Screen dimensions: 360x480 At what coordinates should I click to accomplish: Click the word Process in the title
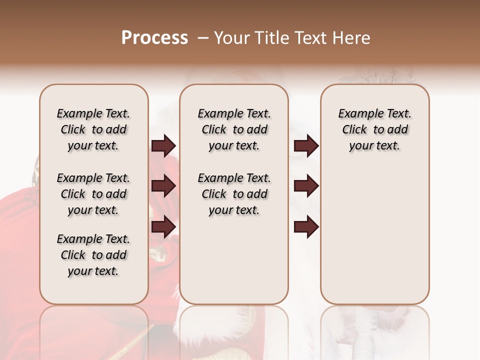coord(154,38)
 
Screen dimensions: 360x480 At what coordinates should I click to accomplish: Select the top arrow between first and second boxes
coord(163,146)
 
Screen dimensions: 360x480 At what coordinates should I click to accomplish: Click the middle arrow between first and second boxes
coord(163,186)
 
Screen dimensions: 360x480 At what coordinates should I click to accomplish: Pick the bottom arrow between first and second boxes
coord(163,227)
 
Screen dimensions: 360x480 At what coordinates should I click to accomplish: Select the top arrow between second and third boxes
coord(306,146)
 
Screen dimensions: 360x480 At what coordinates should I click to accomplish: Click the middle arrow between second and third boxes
coord(306,186)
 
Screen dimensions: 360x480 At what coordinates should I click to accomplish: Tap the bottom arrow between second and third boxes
coord(306,227)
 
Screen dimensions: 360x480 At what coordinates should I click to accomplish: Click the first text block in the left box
coord(93,129)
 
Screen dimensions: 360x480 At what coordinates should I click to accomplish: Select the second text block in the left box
coord(93,194)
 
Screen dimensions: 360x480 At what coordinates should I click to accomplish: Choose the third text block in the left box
coord(93,255)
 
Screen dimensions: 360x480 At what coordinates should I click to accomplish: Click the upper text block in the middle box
coord(234,129)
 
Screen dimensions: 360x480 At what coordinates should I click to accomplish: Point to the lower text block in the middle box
coord(234,194)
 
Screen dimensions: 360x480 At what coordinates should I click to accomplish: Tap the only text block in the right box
coord(374,129)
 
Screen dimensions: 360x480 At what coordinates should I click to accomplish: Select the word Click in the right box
coord(354,130)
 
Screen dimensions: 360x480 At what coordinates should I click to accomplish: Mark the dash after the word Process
coord(203,38)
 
